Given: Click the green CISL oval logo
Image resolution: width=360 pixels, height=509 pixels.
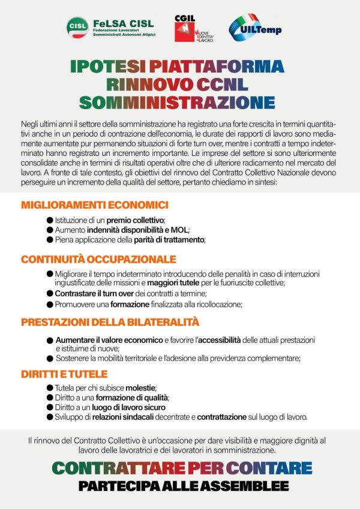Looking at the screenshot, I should pyautogui.click(x=78, y=26).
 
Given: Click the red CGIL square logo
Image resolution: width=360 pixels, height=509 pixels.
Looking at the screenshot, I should pyautogui.click(x=184, y=28).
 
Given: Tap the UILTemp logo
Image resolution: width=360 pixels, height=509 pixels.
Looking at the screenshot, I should pyautogui.click(x=254, y=26).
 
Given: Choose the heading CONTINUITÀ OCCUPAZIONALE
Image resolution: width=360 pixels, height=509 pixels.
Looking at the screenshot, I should pyautogui.click(x=98, y=260).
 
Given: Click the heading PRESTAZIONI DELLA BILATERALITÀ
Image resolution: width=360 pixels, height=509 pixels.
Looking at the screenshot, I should pyautogui.click(x=110, y=322).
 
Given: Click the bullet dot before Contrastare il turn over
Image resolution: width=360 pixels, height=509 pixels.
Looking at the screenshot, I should pyautogui.click(x=50, y=294).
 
